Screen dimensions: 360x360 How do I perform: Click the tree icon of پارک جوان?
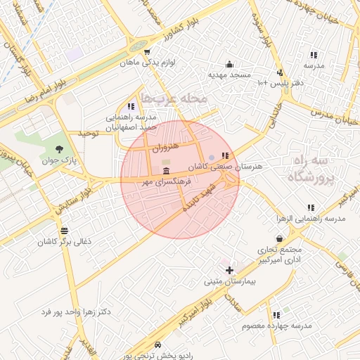[59, 149]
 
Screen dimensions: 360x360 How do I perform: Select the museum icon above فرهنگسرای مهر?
[166, 172]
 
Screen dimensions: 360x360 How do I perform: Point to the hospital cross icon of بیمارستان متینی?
[229, 270]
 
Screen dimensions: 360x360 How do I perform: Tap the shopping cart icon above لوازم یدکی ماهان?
[146, 51]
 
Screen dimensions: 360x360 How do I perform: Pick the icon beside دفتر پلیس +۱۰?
[280, 72]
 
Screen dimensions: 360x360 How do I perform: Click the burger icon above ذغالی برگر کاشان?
[65, 230]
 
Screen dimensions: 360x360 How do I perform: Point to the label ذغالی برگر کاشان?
[65, 241]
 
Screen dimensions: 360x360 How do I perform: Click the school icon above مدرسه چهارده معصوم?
[276, 315]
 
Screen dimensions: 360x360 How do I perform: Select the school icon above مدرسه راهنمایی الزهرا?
[311, 208]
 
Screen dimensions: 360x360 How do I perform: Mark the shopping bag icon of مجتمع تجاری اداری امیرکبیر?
[280, 239]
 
